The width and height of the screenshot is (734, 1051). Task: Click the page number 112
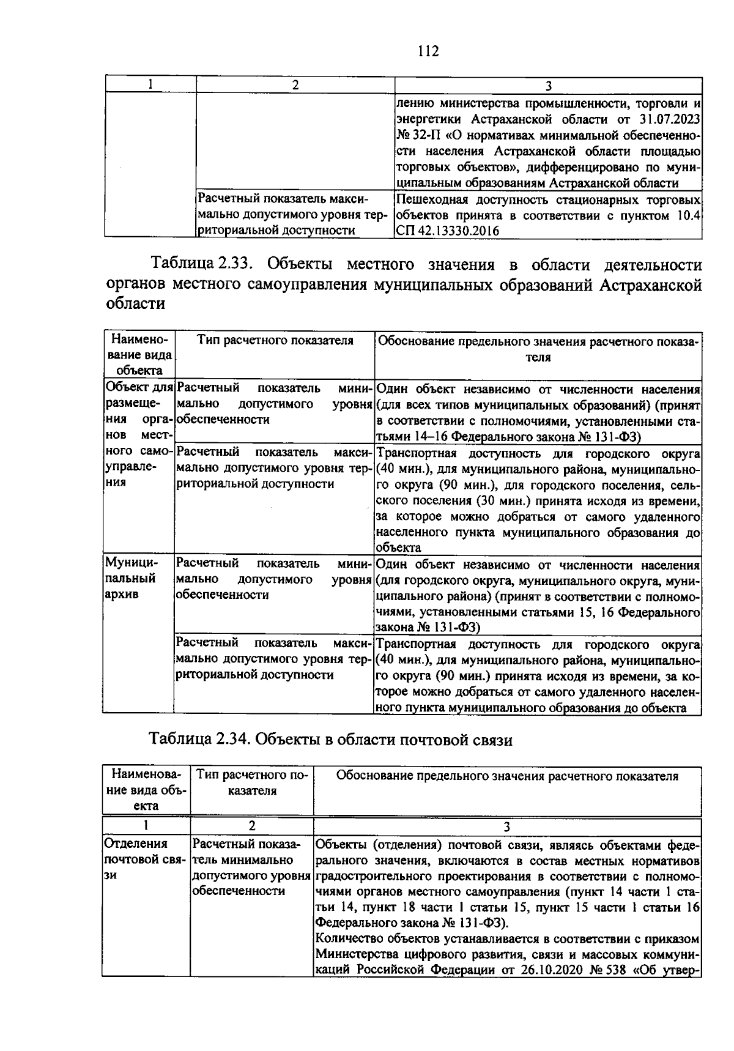tap(428, 51)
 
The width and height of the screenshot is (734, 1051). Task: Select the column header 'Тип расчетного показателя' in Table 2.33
tap(275, 341)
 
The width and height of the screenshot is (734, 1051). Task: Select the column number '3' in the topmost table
tap(548, 86)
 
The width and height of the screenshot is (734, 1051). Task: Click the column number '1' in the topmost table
tap(150, 85)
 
